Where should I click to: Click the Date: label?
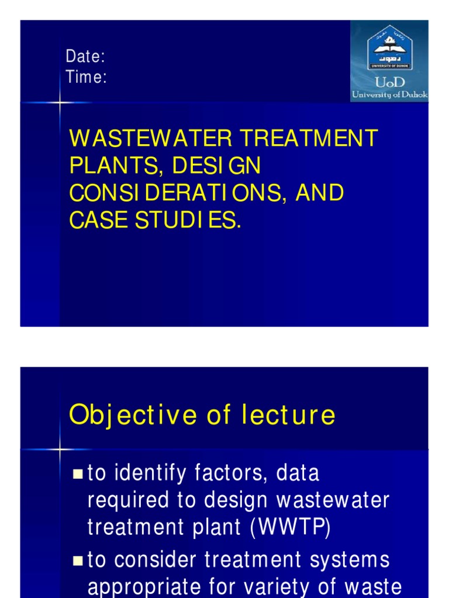85,57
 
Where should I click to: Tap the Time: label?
86,77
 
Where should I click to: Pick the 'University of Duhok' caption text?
389,94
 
